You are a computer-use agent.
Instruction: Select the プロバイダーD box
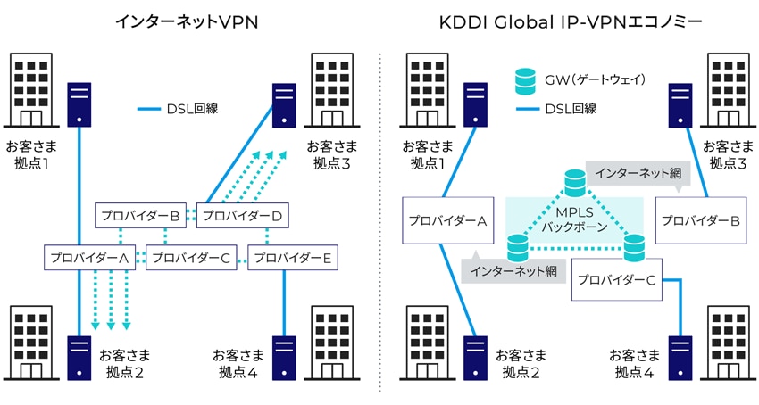(240, 215)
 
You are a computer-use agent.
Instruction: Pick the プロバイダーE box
(292, 259)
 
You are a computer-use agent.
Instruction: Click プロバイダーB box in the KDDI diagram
(697, 221)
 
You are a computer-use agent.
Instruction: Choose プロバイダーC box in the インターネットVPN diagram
(189, 259)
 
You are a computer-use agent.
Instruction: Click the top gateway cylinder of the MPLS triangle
(575, 183)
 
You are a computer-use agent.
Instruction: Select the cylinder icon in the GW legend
(524, 81)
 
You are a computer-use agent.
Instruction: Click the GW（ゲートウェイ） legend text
(596, 81)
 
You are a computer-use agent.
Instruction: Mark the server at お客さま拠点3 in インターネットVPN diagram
(285, 103)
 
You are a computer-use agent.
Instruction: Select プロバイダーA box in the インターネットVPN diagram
(88, 259)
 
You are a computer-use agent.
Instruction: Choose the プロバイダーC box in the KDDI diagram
(616, 279)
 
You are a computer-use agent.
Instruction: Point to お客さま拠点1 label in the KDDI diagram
(427, 154)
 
